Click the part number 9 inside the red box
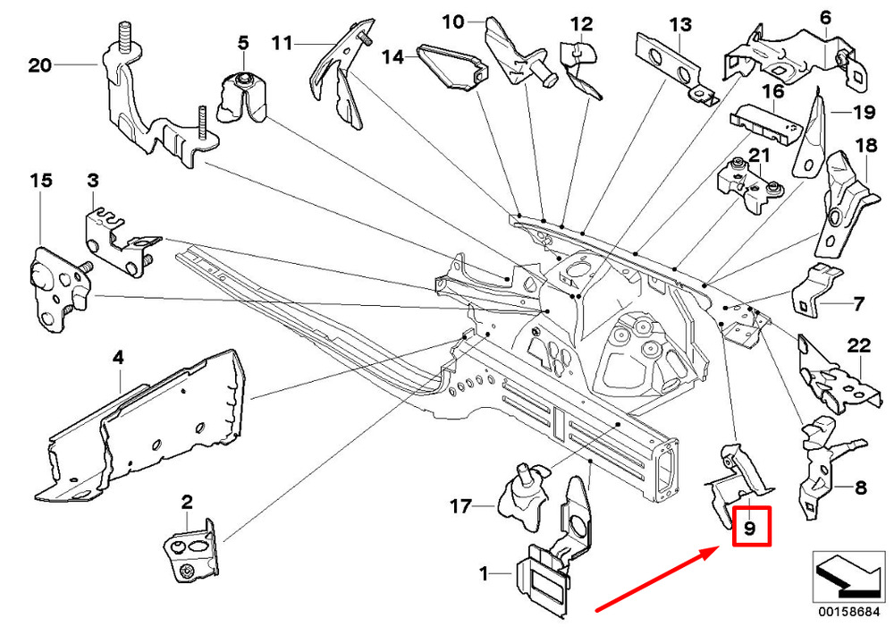coord(750,528)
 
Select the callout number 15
coord(40,181)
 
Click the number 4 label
coord(117,359)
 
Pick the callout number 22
coord(858,345)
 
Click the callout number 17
coord(460,507)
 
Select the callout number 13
coord(680,23)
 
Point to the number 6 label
coord(824,17)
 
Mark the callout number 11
coord(283,42)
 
